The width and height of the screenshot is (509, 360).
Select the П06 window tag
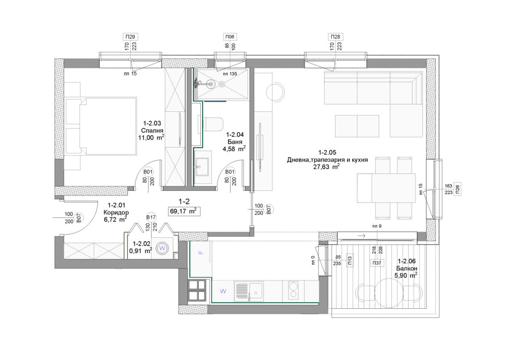click(x=230, y=37)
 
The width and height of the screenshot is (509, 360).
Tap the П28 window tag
click(x=336, y=37)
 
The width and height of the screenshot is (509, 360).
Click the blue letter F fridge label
click(x=201, y=252)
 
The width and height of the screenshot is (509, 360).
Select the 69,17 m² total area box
click(x=184, y=211)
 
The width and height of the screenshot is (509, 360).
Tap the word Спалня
click(x=152, y=130)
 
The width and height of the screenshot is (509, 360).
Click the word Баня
click(x=235, y=142)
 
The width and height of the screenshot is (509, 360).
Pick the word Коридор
click(x=116, y=213)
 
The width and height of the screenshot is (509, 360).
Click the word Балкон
click(x=407, y=269)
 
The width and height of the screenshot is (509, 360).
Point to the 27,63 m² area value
click(x=326, y=167)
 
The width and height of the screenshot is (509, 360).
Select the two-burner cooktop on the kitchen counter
click(x=294, y=290)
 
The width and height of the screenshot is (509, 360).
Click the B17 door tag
click(x=151, y=217)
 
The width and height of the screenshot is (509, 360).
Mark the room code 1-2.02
click(x=142, y=244)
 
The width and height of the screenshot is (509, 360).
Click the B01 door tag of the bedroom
click(x=148, y=172)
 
